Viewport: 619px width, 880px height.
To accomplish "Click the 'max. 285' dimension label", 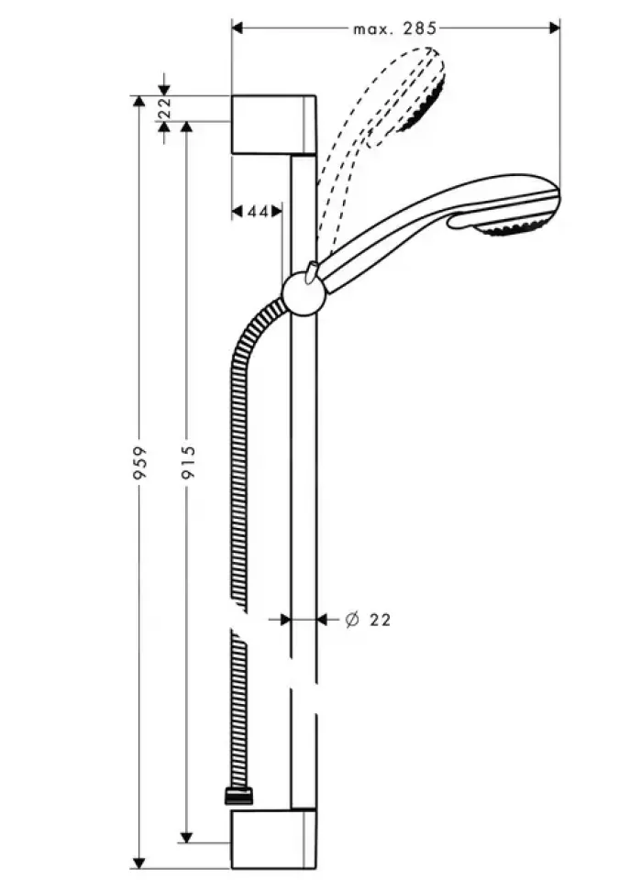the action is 394,28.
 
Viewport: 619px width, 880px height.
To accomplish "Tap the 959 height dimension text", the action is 138,462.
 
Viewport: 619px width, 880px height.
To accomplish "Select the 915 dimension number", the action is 188,462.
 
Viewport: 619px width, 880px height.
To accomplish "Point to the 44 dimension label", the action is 258,212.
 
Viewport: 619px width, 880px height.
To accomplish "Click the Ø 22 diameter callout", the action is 369,620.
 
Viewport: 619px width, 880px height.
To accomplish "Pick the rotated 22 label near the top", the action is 164,108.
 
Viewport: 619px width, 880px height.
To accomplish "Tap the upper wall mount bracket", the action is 273,125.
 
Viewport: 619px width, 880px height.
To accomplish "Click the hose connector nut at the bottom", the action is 238,797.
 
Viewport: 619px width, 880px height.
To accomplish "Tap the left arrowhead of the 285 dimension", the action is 237,27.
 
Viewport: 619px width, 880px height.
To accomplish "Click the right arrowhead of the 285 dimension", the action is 555,27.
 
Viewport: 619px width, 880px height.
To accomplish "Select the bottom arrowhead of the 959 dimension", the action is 138,863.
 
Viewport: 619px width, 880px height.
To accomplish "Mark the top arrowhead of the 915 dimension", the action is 187,126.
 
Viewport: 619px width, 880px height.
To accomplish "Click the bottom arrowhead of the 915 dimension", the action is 187,837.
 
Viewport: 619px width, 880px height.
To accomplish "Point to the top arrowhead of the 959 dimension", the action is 138,101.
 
